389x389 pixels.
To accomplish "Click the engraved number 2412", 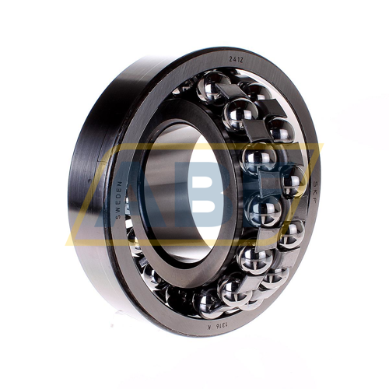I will (234, 60).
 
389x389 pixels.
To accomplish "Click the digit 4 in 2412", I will (233, 60).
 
